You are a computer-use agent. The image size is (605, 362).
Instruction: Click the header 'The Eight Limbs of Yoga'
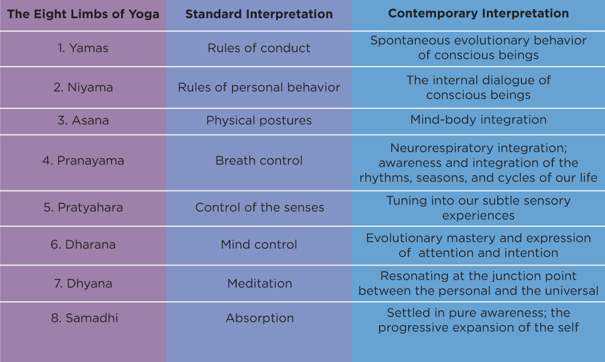pos(83,14)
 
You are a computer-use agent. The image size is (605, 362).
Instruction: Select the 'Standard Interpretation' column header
pos(259,14)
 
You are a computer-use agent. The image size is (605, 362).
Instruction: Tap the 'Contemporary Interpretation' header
pos(478,13)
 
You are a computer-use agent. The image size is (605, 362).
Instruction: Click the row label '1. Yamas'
pos(83,48)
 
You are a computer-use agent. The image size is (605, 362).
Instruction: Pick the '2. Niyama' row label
pos(83,87)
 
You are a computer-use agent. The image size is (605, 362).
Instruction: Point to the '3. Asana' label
pos(83,120)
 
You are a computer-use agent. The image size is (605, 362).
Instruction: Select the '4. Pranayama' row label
pos(83,161)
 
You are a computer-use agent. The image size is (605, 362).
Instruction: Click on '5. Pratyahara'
pos(83,207)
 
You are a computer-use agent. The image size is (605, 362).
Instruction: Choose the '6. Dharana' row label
pos(83,245)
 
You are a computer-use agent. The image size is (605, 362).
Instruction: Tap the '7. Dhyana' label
pos(83,283)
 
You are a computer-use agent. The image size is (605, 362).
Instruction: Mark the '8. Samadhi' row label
pos(83,318)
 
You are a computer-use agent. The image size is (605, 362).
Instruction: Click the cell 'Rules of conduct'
pos(259,48)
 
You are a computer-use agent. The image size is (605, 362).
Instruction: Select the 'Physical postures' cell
pos(259,120)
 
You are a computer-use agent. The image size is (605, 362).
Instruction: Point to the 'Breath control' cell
pos(259,161)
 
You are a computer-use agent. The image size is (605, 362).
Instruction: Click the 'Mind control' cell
pos(259,245)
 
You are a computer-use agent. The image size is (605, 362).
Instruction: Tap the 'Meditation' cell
pos(259,283)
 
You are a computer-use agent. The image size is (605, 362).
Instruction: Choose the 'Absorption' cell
pos(259,318)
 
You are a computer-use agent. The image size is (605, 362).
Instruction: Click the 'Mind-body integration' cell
pos(478,119)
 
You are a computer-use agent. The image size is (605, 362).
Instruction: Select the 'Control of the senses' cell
pos(259,207)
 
